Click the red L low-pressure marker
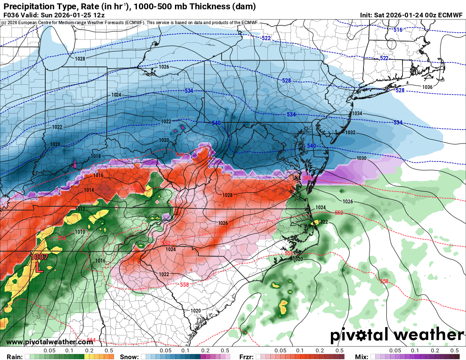(x=38, y=267)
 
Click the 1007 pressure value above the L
(x=39, y=257)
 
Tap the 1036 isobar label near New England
(x=427, y=87)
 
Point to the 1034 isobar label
(x=357, y=114)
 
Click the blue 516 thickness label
(x=397, y=30)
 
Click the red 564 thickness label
(x=91, y=340)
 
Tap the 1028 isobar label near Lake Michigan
(x=80, y=59)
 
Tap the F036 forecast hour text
(x=11, y=14)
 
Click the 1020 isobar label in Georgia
(x=195, y=311)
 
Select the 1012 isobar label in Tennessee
(x=80, y=209)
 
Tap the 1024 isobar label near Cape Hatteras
(x=321, y=208)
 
